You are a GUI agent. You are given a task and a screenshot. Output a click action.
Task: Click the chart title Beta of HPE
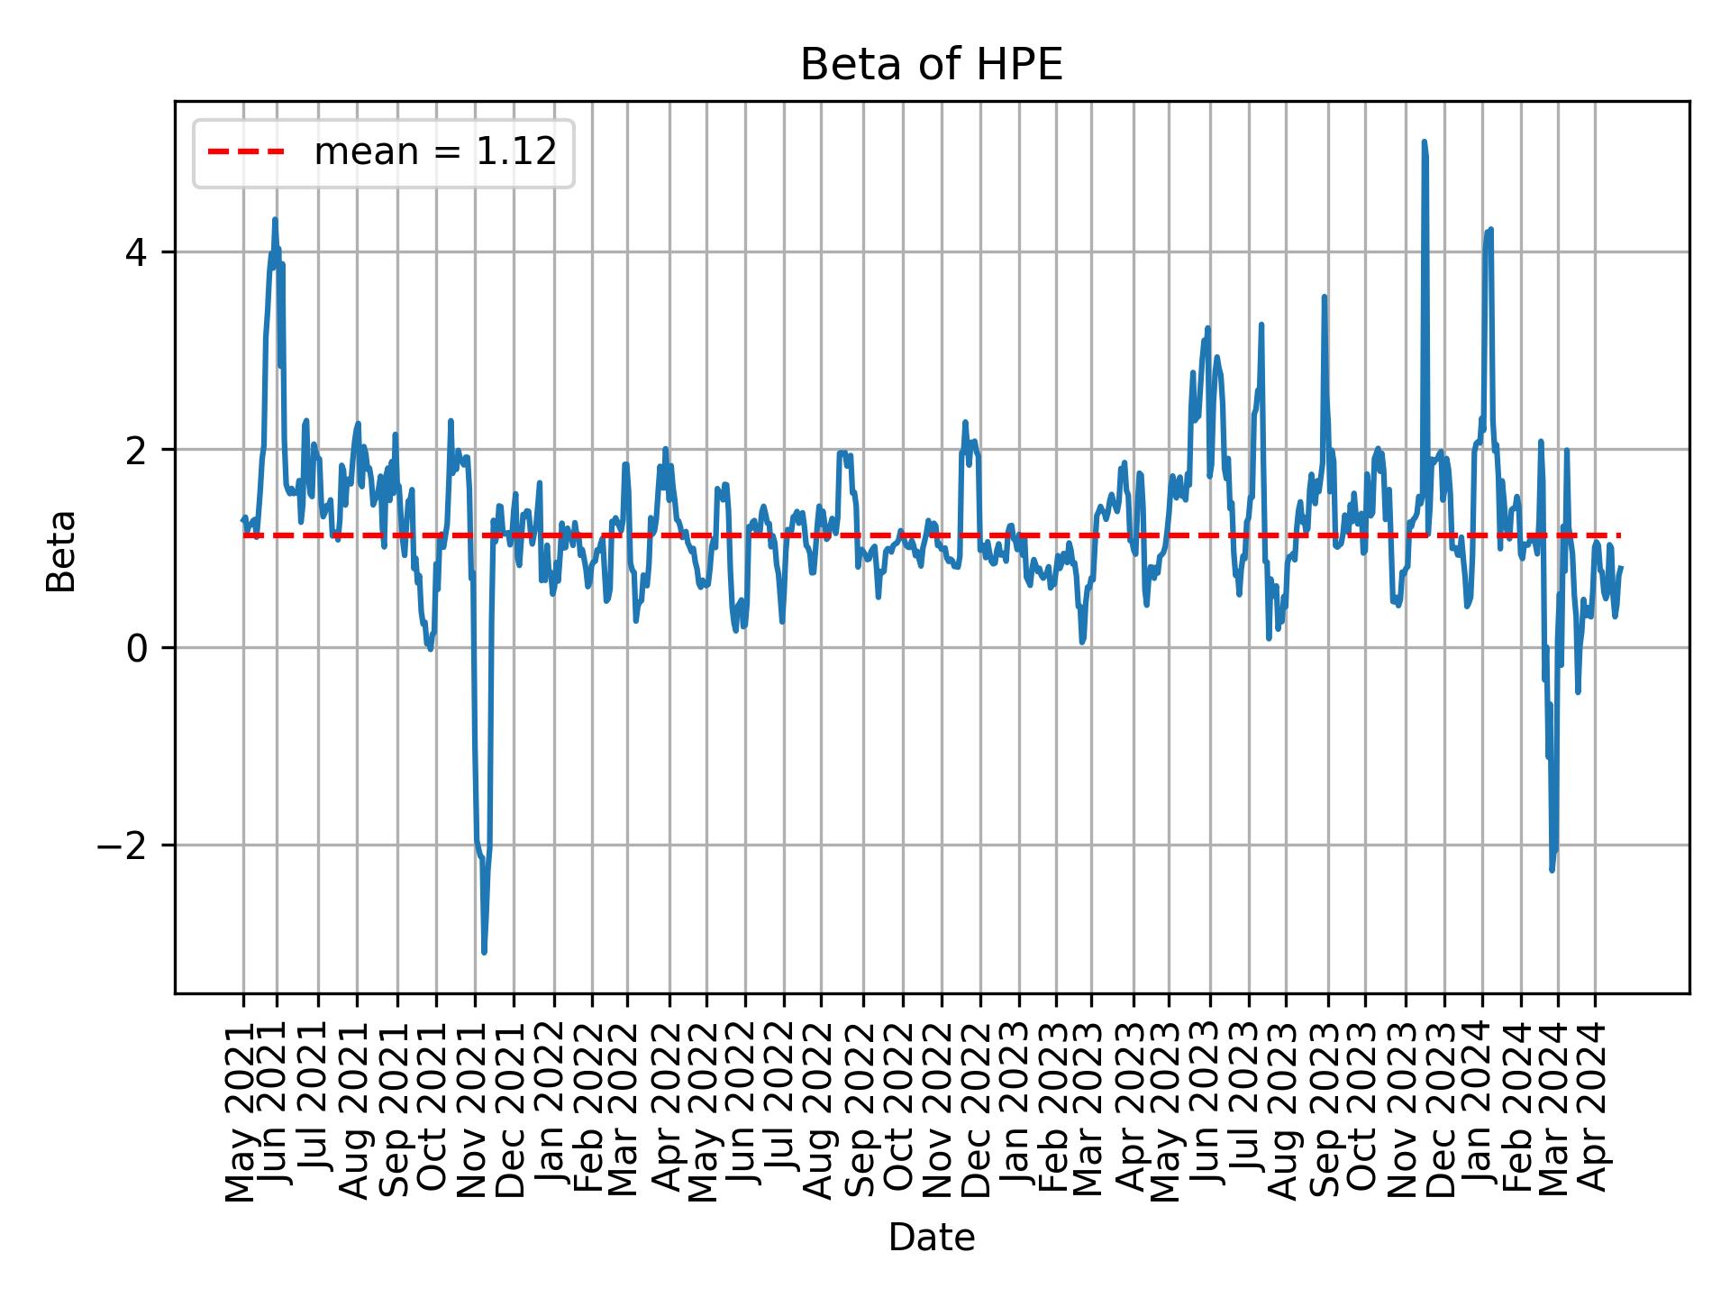[932, 66]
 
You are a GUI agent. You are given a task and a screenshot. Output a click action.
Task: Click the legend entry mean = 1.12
[434, 152]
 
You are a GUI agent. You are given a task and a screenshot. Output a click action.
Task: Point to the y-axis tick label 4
[135, 251]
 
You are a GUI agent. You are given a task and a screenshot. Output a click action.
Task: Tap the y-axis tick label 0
[135, 648]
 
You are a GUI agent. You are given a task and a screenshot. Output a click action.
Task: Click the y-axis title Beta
[61, 551]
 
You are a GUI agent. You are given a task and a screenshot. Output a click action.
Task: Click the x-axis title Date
[932, 1238]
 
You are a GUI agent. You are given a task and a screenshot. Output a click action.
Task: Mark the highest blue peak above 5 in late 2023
[1424, 142]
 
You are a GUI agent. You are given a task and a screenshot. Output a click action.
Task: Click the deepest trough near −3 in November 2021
[484, 951]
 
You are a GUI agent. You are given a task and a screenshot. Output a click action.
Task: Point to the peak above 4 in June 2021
[275, 220]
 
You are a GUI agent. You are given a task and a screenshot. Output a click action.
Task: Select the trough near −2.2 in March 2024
[1552, 869]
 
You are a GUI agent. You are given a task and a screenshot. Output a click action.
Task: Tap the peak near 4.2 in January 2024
[1491, 230]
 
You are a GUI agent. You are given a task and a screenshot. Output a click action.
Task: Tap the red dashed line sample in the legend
[246, 152]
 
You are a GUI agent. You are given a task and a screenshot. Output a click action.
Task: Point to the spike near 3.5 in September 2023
[1324, 297]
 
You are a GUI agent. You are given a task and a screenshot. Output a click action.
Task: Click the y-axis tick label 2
[135, 450]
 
